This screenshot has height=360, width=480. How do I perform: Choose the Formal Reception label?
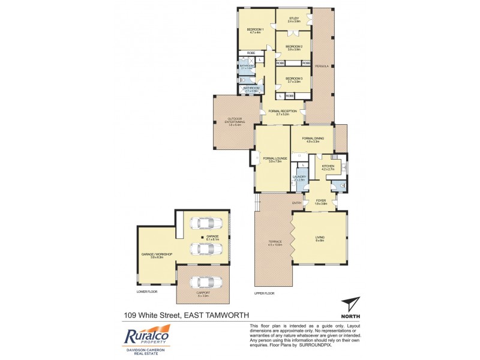tap(283, 112)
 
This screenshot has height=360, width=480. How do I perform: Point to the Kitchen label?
tap(328, 167)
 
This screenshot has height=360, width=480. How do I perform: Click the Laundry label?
tap(299, 178)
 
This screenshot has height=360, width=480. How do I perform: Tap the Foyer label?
tap(320, 202)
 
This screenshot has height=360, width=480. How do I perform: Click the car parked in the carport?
tap(203, 283)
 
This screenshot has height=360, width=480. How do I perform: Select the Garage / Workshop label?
tap(157, 256)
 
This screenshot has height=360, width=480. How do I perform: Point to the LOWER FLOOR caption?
tap(146, 292)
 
